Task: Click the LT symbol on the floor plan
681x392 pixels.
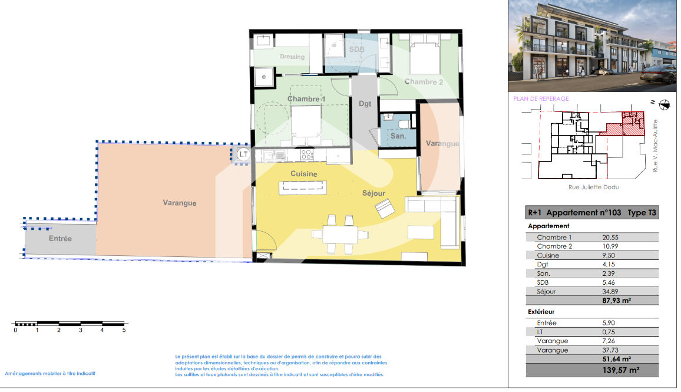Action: pyautogui.click(x=243, y=154)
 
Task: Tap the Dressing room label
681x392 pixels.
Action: pyautogui.click(x=292, y=57)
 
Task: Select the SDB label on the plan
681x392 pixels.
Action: pyautogui.click(x=356, y=49)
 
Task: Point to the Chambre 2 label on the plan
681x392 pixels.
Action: pyautogui.click(x=424, y=82)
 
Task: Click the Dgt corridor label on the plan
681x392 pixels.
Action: pyautogui.click(x=365, y=103)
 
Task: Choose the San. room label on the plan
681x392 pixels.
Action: pyautogui.click(x=398, y=136)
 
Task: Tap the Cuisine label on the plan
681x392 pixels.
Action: pyautogui.click(x=303, y=174)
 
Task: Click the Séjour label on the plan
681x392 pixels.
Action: pyautogui.click(x=373, y=193)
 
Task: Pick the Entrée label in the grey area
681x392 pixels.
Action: pyautogui.click(x=60, y=239)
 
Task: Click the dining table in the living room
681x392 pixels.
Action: pyautogui.click(x=340, y=235)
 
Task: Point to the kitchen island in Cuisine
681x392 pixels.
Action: pyautogui.click(x=303, y=187)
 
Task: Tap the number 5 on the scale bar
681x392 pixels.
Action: pyautogui.click(x=124, y=330)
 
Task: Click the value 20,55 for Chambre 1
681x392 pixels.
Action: pyautogui.click(x=610, y=238)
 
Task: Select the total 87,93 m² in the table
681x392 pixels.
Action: pyautogui.click(x=616, y=300)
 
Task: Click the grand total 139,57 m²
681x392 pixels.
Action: pyautogui.click(x=621, y=370)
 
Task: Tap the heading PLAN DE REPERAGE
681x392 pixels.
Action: pyautogui.click(x=541, y=98)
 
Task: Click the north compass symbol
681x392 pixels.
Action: pyautogui.click(x=664, y=105)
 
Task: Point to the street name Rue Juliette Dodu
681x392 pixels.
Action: pyautogui.click(x=594, y=187)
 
